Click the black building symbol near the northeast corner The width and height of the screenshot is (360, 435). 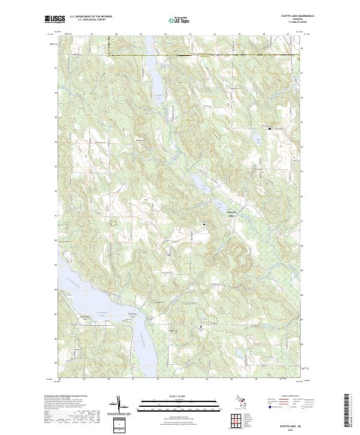click(269, 128)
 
